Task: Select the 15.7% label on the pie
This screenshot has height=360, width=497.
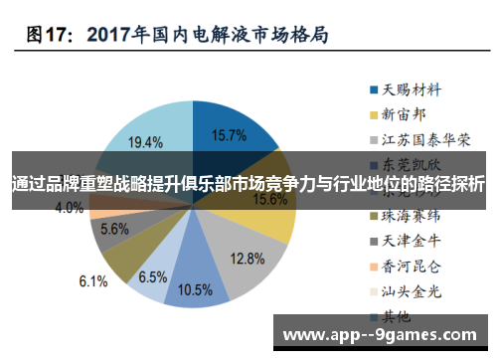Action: (x=230, y=134)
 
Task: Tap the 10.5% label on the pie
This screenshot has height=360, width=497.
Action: (x=195, y=289)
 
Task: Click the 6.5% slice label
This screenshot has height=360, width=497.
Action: (x=152, y=275)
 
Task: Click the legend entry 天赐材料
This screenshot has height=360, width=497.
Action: (x=408, y=89)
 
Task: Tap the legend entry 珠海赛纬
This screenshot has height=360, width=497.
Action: (x=408, y=214)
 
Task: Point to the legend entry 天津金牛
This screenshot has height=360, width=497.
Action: (x=408, y=240)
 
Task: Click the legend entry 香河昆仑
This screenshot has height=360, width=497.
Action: (x=408, y=266)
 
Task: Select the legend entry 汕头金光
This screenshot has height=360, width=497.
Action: (x=408, y=290)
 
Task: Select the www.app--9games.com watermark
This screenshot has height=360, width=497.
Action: (x=381, y=334)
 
